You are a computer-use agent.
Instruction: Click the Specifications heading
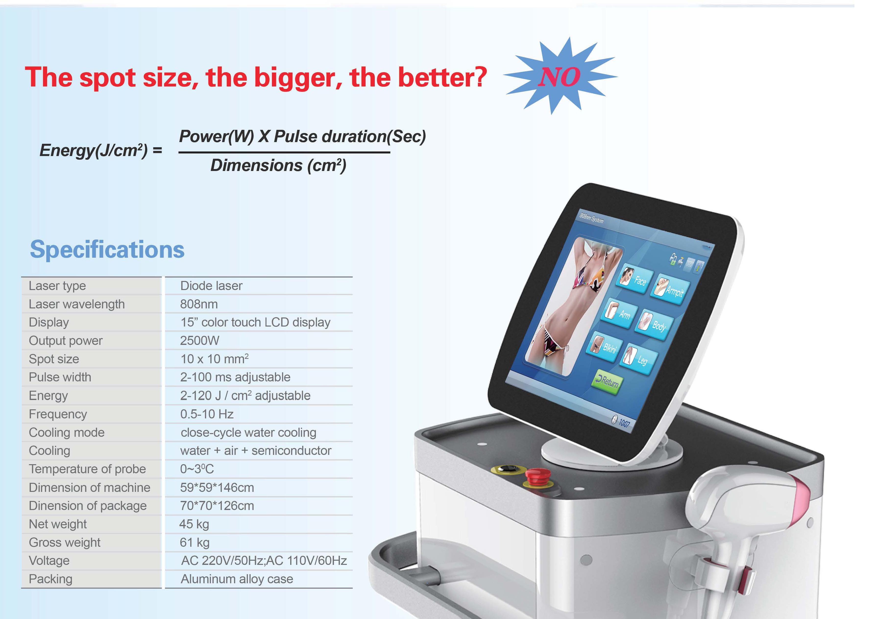coord(107,249)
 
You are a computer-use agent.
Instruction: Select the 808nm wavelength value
coord(199,304)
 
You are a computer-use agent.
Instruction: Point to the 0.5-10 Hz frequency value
coord(207,414)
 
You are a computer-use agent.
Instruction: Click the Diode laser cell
coord(211,286)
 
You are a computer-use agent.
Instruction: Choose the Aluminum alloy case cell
coord(237,579)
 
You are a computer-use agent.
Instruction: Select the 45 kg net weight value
coord(194,524)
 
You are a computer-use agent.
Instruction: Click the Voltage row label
coord(49,560)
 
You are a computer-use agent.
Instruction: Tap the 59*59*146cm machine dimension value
coord(217,488)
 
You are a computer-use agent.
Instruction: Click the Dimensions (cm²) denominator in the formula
coord(278,166)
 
